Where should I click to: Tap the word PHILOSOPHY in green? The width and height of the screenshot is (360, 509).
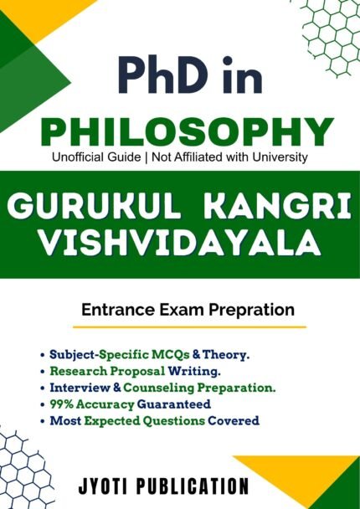pos(181,131)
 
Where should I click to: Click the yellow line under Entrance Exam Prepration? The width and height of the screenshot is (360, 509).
pos(188,327)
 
